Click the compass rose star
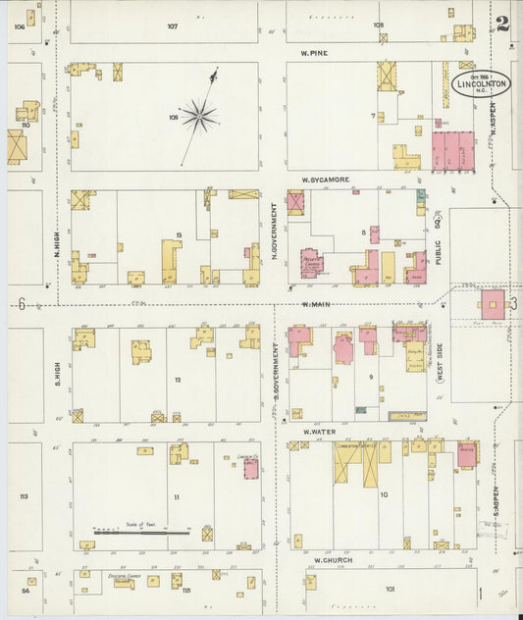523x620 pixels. [199, 116]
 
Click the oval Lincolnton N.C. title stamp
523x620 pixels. [482, 82]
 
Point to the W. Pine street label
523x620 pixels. [314, 52]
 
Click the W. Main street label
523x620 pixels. [314, 304]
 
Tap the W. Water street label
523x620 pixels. [320, 431]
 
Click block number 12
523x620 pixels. [178, 379]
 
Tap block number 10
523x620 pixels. [384, 494]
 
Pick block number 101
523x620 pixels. [390, 589]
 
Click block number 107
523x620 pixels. [173, 26]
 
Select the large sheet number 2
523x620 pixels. [502, 24]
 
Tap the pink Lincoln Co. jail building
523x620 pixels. [251, 469]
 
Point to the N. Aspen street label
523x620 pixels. [495, 120]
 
